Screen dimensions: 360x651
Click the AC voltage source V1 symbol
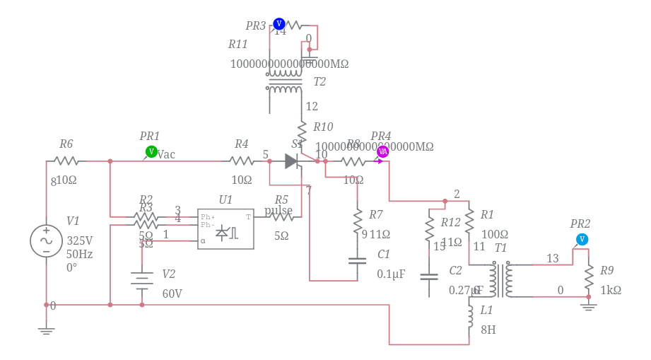pos(46,240)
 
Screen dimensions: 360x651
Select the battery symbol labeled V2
pos(142,279)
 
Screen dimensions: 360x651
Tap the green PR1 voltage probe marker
pos(151,151)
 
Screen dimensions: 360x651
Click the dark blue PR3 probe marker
pos(278,24)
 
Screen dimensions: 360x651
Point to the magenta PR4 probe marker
pos(382,151)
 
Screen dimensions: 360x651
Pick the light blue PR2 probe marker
pos(582,239)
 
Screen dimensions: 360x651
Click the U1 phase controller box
pos(225,228)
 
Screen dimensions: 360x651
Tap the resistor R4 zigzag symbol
pos(242,161)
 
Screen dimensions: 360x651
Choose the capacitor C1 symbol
pos(358,260)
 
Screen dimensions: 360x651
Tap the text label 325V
pos(79,240)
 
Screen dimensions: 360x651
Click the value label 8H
pos(488,330)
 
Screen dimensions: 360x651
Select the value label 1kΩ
pos(611,290)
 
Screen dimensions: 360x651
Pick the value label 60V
pos(172,294)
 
